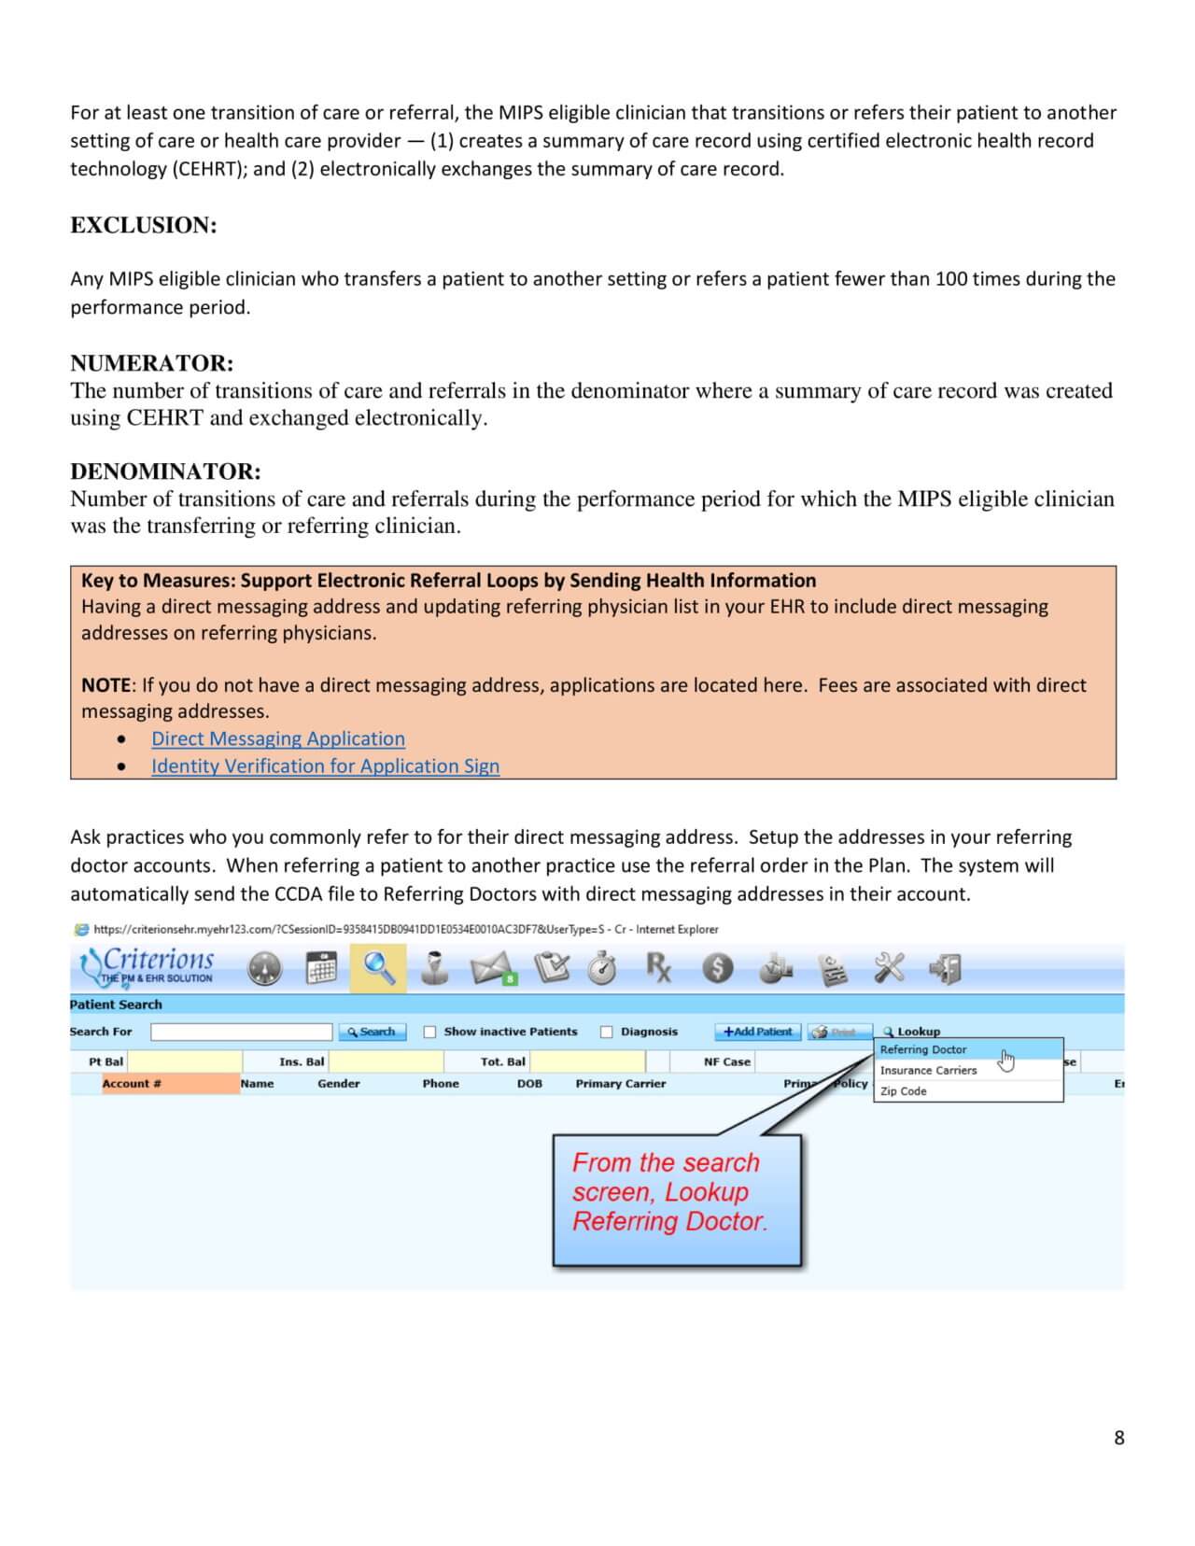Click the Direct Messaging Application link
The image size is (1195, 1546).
click(278, 738)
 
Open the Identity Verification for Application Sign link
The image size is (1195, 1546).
click(325, 766)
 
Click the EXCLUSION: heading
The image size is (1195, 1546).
click(144, 225)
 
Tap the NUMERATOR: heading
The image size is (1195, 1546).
click(152, 363)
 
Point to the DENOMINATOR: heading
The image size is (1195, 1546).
click(165, 471)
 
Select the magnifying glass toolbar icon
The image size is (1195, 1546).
click(378, 968)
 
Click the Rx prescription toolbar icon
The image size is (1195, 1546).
click(658, 968)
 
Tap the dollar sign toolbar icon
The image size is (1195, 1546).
click(717, 969)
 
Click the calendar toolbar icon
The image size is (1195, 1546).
click(321, 968)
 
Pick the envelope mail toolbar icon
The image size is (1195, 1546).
click(492, 969)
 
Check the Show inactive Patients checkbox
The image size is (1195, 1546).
click(430, 1032)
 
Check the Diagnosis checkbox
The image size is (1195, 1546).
click(607, 1032)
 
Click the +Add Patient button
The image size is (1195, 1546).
click(757, 1032)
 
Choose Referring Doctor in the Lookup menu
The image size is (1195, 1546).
click(922, 1049)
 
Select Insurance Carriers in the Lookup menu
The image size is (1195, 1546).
click(928, 1070)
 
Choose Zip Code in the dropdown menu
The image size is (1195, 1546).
click(904, 1090)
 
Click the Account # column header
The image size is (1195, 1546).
click(132, 1084)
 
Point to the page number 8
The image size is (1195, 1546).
click(1118, 1438)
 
